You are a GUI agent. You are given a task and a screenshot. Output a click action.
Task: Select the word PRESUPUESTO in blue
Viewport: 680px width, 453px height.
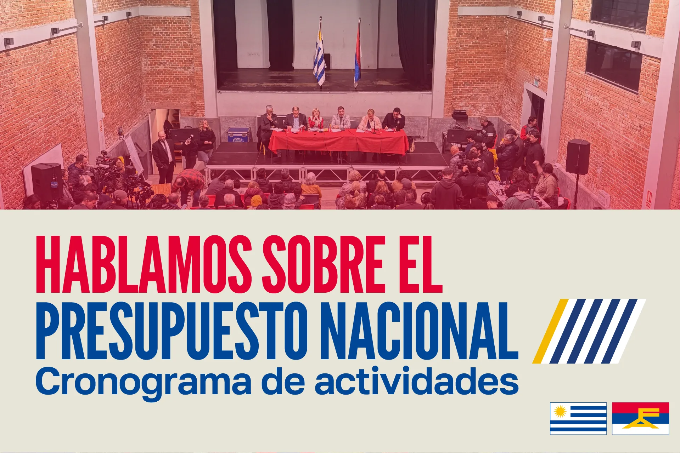coord(171,330)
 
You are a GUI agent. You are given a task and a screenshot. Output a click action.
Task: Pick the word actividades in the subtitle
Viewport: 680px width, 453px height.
coord(417,381)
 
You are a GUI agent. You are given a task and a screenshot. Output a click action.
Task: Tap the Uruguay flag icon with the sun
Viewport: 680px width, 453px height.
coord(578,418)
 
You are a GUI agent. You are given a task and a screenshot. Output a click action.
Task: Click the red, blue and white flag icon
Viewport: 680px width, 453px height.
coord(640,418)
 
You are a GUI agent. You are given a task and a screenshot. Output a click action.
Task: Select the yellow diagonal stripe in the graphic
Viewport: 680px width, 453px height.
coord(550,331)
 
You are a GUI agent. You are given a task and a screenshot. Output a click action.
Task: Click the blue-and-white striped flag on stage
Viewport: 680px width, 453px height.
coord(320,57)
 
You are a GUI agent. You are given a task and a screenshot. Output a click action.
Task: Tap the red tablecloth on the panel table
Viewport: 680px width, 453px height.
coord(338,142)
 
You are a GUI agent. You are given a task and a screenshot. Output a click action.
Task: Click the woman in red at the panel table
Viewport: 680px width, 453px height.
coord(315,119)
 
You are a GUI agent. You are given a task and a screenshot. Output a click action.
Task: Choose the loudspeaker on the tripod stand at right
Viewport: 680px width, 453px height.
coord(578,157)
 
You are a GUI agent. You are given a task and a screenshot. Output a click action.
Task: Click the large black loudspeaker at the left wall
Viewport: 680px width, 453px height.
coord(47,182)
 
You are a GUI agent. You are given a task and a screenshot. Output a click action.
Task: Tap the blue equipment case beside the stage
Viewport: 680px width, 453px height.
coord(238,135)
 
